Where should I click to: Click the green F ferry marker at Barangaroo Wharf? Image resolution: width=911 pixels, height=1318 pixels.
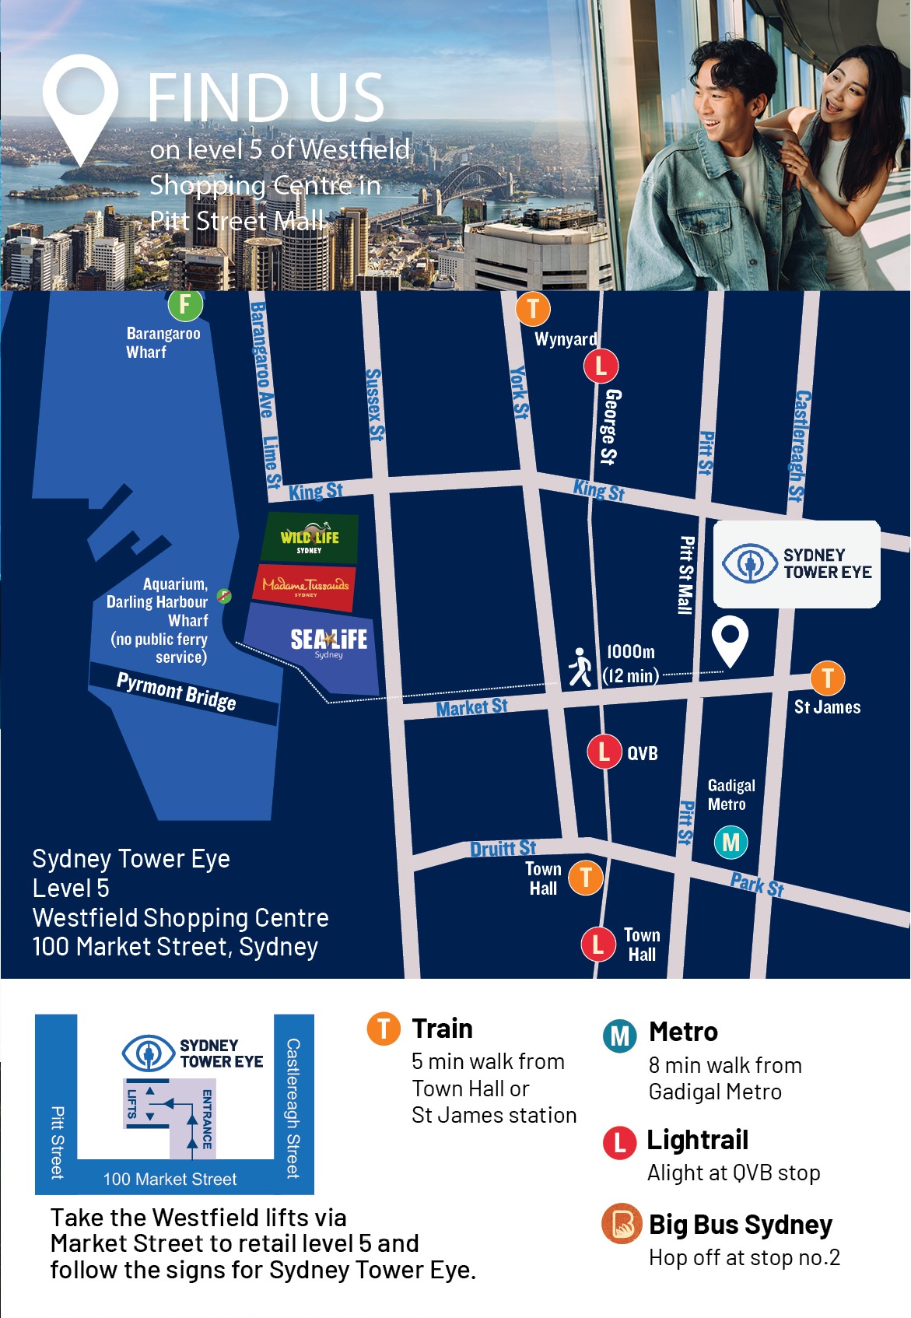point(185,304)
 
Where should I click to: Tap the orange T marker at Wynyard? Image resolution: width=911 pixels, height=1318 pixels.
point(533,308)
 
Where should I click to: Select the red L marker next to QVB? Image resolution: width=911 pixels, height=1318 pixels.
point(604,752)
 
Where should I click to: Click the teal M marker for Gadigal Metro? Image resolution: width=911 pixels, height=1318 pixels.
point(731,842)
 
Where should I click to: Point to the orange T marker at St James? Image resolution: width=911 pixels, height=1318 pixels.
point(827,678)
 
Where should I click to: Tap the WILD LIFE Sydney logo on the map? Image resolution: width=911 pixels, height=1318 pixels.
point(310,537)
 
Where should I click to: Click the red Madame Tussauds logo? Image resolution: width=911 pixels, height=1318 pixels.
point(305,587)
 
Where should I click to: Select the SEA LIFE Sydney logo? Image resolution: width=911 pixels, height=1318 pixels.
point(328,641)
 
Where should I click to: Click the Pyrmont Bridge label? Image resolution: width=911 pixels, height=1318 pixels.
point(177,690)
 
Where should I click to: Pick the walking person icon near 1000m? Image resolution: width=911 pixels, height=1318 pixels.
point(580,667)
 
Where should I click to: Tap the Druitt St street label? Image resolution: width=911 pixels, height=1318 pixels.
point(503,848)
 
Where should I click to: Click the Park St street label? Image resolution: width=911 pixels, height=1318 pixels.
point(756,885)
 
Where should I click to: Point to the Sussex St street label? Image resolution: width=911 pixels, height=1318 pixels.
point(374,405)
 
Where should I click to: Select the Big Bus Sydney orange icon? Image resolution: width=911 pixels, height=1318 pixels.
point(621,1223)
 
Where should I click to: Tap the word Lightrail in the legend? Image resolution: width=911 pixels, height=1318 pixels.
point(697,1140)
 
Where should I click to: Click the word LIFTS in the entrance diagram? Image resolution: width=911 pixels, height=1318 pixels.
point(132,1103)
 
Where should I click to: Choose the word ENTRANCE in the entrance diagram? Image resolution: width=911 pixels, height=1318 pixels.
point(207,1119)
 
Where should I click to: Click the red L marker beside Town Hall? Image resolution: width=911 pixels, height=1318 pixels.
point(597,944)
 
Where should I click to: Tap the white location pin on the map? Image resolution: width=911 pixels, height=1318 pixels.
point(730,640)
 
